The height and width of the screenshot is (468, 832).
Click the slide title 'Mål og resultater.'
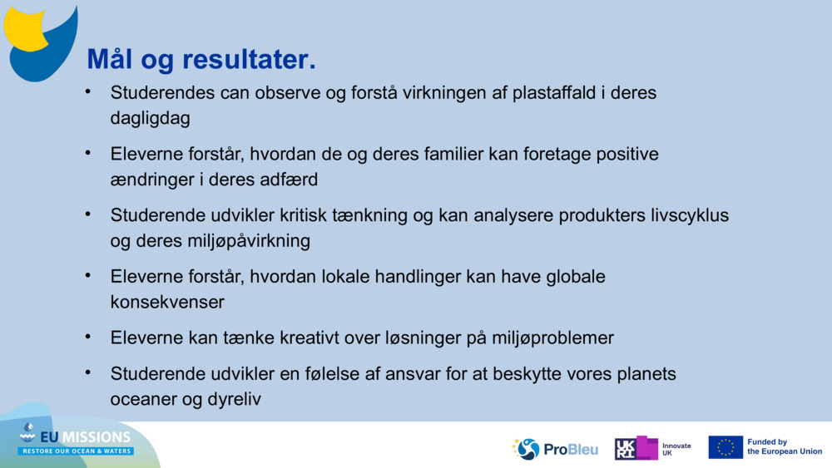[201, 60]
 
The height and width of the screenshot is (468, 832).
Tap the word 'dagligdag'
[150, 119]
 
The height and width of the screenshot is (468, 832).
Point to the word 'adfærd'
[290, 180]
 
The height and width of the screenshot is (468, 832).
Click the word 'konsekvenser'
[166, 303]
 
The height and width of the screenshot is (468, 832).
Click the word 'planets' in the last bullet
[646, 374]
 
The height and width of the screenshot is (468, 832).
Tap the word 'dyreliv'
[234, 400]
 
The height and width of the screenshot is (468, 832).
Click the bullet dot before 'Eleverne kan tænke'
[87, 336]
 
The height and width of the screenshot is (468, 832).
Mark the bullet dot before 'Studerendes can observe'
[87, 91]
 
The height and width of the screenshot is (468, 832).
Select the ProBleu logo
[555, 449]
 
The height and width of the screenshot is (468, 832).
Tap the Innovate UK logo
[653, 449]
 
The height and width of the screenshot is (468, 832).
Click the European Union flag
[726, 447]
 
